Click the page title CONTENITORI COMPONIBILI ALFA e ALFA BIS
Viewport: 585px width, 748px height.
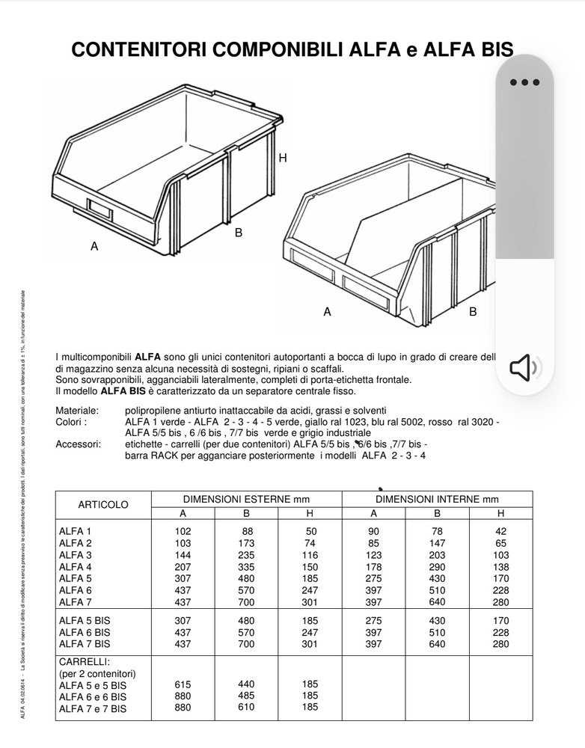pos(292,49)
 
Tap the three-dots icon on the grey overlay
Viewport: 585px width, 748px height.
pos(524,83)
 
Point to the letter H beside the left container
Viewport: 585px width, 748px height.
pos(283,159)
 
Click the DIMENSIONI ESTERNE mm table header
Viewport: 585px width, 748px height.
pos(246,499)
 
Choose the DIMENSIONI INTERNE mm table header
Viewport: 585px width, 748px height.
pos(437,499)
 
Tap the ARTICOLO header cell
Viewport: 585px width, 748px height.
pos(103,505)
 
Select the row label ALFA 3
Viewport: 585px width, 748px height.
pos(75,554)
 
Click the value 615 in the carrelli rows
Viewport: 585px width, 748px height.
pos(183,684)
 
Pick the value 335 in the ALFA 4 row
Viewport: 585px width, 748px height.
pos(246,566)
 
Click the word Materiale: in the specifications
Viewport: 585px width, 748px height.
pos(77,411)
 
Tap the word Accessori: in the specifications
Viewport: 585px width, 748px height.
pos(78,444)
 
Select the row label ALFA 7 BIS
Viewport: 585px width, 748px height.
pos(84,643)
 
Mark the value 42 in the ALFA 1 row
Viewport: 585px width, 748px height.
pos(500,530)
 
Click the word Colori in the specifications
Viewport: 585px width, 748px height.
pos(71,422)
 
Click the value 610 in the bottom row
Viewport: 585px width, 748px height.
pos(246,707)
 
